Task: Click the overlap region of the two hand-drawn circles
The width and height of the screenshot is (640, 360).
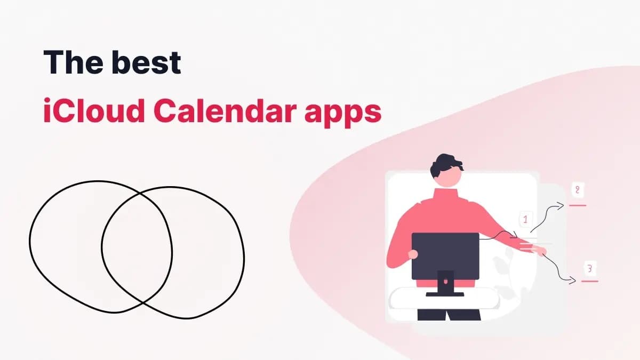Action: (x=137, y=248)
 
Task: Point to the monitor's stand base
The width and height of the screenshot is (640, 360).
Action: (x=445, y=293)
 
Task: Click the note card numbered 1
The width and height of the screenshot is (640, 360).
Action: (x=525, y=219)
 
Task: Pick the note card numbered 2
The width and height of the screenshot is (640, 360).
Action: (x=577, y=190)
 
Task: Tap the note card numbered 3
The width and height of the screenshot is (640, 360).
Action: (x=589, y=268)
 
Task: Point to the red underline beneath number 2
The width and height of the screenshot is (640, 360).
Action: (x=578, y=205)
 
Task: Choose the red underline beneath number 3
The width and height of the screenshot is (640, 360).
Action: (x=589, y=281)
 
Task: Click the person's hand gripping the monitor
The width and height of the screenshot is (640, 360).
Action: (x=413, y=254)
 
